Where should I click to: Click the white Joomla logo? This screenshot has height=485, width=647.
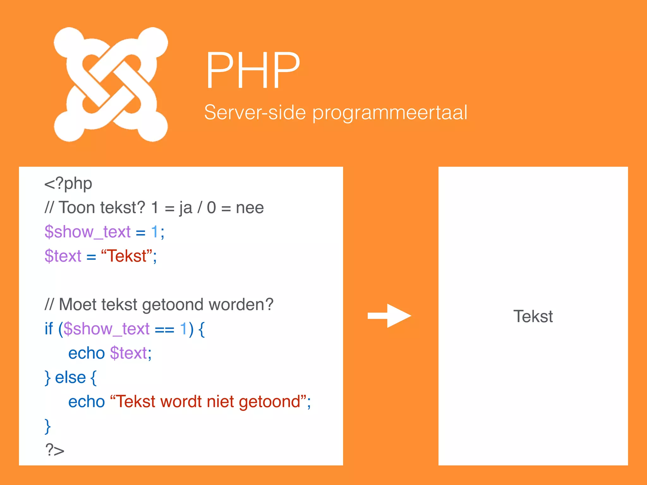111,84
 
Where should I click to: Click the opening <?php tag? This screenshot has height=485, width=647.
68,184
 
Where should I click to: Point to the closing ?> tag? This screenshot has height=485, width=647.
55,450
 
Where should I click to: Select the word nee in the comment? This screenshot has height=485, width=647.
250,208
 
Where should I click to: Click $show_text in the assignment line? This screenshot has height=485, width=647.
88,232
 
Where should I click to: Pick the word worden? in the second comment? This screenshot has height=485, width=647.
241,305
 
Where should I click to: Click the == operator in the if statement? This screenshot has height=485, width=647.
164,330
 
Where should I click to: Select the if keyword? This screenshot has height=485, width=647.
49,329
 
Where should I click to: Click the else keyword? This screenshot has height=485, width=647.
70,378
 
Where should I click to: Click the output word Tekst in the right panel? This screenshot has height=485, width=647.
533,316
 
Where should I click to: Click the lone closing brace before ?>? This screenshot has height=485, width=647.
48,426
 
